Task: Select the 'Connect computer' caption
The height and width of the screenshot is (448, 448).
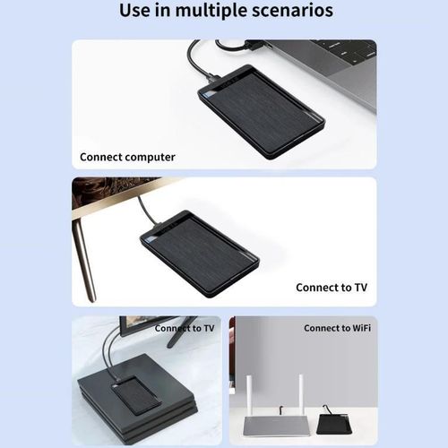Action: coord(127,157)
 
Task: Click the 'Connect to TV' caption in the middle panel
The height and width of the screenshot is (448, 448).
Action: coord(331,288)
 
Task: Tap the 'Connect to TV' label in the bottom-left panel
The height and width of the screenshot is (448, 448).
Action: coord(184,328)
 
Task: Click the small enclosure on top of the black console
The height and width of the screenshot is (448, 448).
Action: coord(135,393)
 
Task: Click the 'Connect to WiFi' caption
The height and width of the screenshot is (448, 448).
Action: coord(338,328)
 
